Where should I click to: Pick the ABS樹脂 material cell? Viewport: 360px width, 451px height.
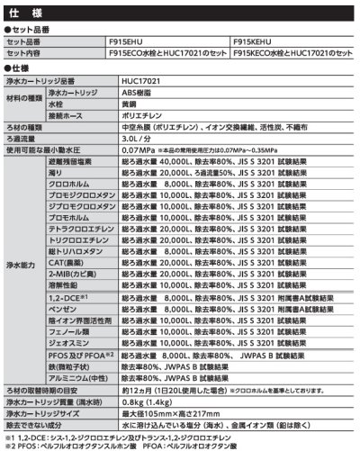tap(138, 92)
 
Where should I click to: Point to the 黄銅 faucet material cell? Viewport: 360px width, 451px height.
tap(131, 104)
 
